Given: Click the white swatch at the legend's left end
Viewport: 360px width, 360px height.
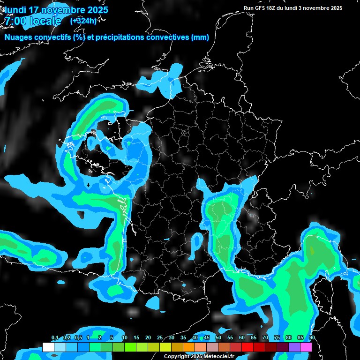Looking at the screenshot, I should click(x=48, y=347).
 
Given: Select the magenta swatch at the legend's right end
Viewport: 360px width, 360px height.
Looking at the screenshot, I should click(x=306, y=347).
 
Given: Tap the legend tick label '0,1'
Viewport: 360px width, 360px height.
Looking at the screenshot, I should click(x=55, y=338).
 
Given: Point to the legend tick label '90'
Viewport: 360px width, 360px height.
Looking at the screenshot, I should click(x=312, y=338).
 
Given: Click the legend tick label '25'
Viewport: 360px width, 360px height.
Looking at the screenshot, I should click(x=160, y=338).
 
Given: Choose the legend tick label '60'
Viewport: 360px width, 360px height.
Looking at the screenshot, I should click(x=242, y=338).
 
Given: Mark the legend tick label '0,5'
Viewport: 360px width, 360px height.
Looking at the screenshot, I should click(x=78, y=338).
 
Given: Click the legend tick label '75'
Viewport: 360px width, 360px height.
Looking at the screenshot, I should click(x=277, y=338).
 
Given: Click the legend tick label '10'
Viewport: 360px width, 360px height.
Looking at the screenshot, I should click(x=125, y=338).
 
